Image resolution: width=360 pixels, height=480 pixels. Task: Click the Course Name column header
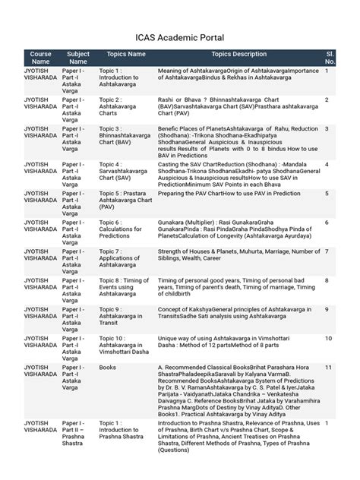(40, 58)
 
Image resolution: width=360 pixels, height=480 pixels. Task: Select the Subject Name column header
(77, 58)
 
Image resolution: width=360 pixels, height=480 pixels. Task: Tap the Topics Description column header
(239, 55)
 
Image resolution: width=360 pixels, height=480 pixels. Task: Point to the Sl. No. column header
(330, 58)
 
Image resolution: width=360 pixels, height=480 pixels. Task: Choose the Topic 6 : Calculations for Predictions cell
(121, 230)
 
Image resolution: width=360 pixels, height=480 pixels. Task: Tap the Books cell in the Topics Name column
(109, 367)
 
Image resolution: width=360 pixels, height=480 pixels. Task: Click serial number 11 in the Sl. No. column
(328, 367)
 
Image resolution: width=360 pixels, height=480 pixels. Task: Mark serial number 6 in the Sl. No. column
(327, 223)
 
